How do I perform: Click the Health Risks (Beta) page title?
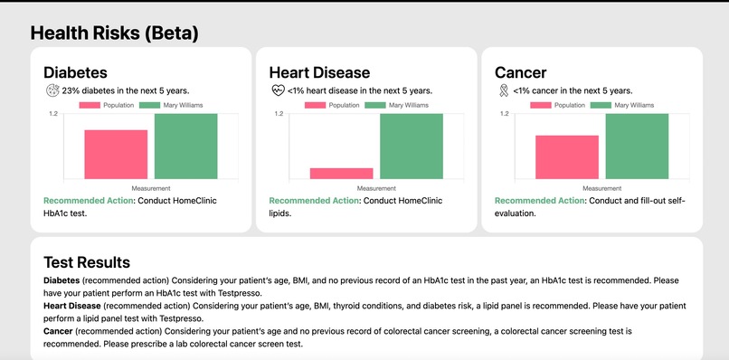tap(114, 33)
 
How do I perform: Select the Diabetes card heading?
tap(76, 72)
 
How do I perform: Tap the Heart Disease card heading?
tap(319, 72)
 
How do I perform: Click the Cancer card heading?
tap(521, 72)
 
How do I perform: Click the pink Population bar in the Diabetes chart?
tap(116, 154)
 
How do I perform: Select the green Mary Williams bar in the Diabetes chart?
tap(185, 146)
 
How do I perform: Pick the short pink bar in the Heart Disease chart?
tap(341, 173)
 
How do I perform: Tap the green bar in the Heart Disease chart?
tap(411, 146)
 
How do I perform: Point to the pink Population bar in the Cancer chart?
tap(567, 156)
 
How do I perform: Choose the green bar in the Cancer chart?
tap(636, 146)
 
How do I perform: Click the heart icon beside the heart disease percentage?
tap(277, 90)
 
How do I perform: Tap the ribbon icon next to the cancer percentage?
tap(502, 90)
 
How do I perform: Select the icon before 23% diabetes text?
tap(52, 90)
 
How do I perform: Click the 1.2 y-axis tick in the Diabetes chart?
tap(52, 114)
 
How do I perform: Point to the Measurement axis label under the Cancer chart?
tap(601, 188)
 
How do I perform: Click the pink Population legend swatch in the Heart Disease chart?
tap(314, 105)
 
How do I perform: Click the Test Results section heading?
tap(87, 262)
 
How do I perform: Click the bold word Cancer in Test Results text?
tap(60, 332)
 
